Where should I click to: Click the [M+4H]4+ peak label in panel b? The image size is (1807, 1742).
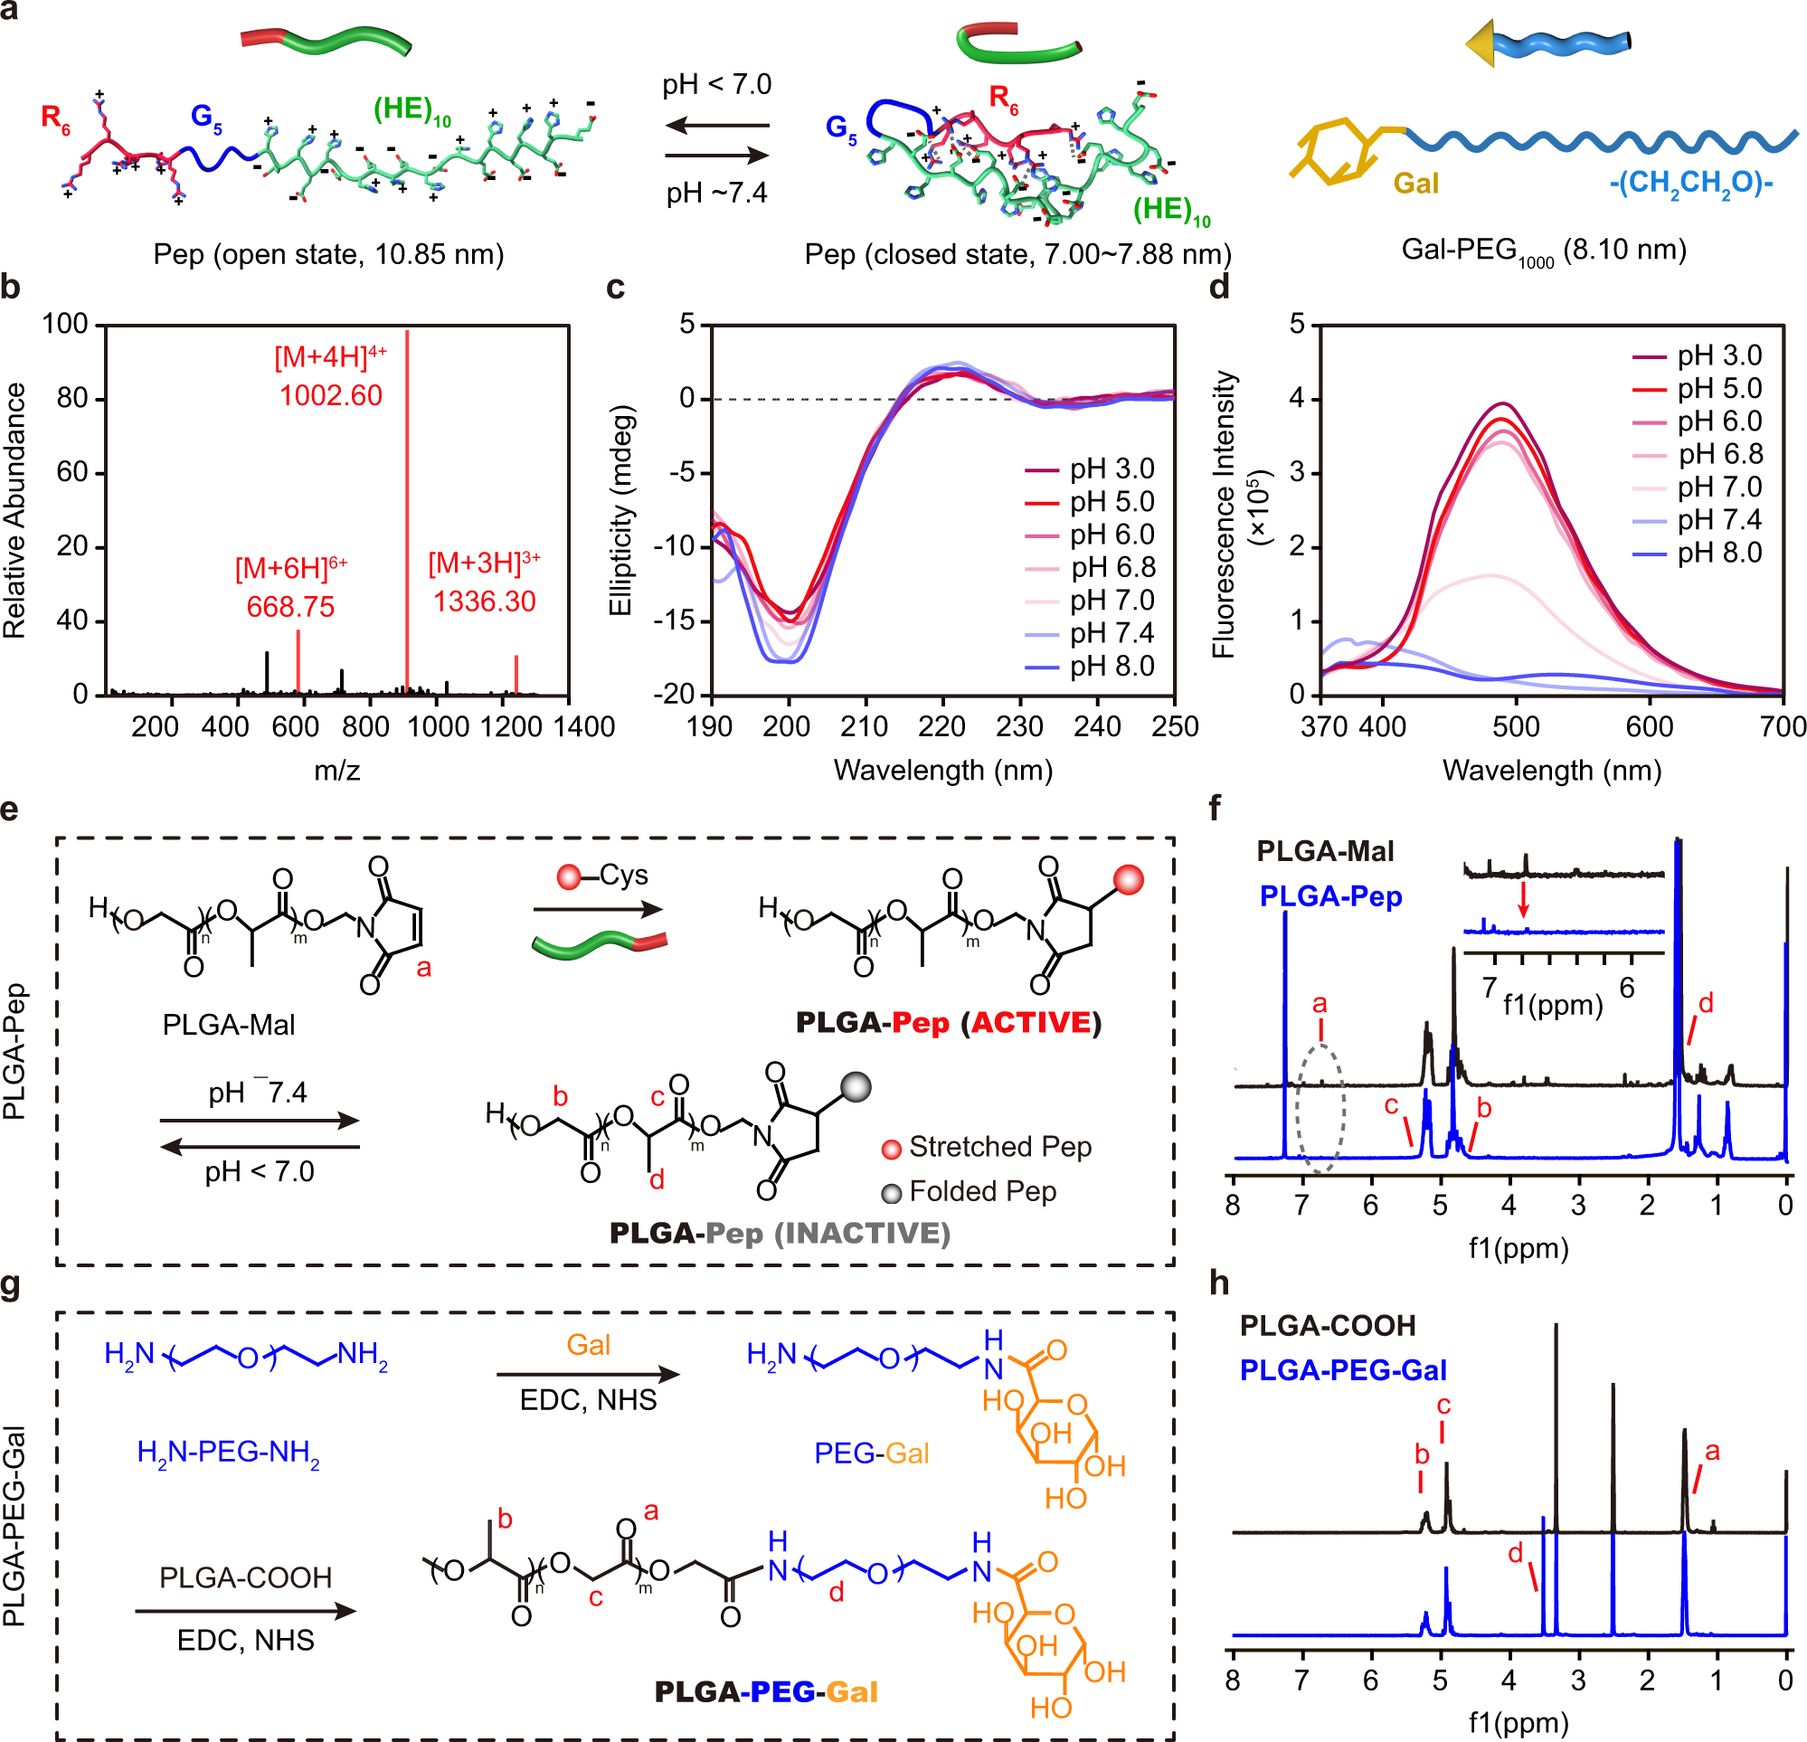(x=330, y=356)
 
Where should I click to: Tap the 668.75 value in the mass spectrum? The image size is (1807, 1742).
(x=290, y=607)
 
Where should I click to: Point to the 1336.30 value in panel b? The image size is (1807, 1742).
(x=484, y=601)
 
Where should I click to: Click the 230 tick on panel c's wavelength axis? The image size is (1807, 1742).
(x=1019, y=726)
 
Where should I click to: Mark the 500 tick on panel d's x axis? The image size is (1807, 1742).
(x=1516, y=726)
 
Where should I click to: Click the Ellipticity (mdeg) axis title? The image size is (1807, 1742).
(x=620, y=510)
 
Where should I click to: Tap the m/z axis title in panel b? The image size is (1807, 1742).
(x=337, y=770)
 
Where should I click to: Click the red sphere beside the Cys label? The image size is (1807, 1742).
(x=569, y=876)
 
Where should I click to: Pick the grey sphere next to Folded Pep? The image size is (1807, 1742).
(x=892, y=1194)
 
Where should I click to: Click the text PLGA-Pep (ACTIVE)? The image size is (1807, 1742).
(x=948, y=1023)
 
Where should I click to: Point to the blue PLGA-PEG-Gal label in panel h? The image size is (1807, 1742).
(x=1342, y=1370)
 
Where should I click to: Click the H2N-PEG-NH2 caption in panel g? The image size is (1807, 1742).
(x=228, y=1453)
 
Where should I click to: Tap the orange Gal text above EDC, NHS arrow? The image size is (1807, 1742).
(x=588, y=1345)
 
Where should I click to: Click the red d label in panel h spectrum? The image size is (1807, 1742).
(x=1515, y=1554)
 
